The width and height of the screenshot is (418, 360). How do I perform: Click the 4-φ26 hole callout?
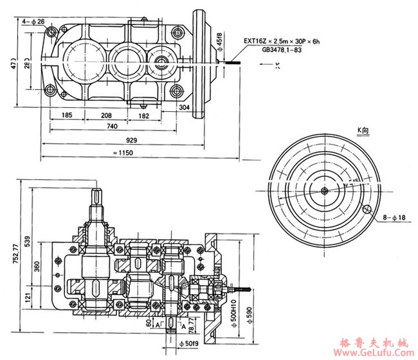coord(33,21)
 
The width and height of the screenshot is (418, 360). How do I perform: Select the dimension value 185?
coord(67,116)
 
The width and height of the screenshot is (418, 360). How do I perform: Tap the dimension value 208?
coord(107,116)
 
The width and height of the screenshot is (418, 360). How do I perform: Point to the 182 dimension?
coord(144,116)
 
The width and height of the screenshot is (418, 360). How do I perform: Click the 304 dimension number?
coord(184,108)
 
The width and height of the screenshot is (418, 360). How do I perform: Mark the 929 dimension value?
coord(131,139)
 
